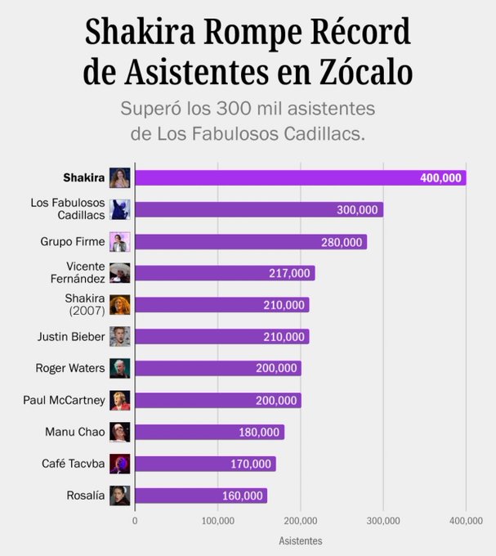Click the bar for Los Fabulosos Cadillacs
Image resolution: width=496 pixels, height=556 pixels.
coord(258,210)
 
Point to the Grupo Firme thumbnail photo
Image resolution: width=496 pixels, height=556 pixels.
coord(120,242)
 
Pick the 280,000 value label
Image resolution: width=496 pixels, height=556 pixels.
coord(342,242)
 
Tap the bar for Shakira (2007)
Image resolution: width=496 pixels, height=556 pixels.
coord(221,305)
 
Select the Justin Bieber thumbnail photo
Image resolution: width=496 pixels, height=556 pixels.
coord(120,337)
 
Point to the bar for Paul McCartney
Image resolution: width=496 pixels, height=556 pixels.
coord(217,400)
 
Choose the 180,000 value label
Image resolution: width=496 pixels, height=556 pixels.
coord(259,432)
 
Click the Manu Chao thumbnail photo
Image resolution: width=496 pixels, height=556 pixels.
coord(120,432)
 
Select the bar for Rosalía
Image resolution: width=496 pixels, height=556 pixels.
coord(201,495)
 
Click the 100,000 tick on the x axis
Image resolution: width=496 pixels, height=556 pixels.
coord(217,520)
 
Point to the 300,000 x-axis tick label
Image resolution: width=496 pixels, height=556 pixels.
coord(383,520)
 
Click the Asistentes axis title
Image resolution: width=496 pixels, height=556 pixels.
coord(300,541)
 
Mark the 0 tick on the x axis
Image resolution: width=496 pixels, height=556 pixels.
coord(135,520)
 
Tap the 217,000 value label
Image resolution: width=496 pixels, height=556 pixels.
coord(289,273)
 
